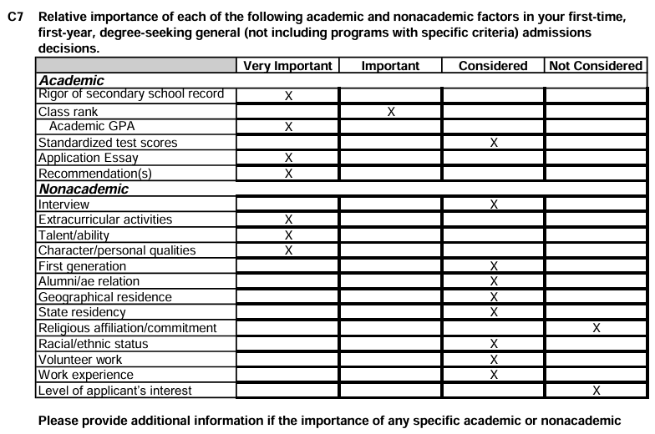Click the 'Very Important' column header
tap(287, 66)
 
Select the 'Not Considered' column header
tap(597, 66)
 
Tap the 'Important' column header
tap(390, 66)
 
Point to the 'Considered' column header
tap(493, 66)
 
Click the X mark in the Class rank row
tap(390, 112)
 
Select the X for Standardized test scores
tap(494, 143)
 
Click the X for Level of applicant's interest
tap(597, 391)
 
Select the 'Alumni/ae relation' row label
tap(89, 281)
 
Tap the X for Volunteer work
tap(494, 360)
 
